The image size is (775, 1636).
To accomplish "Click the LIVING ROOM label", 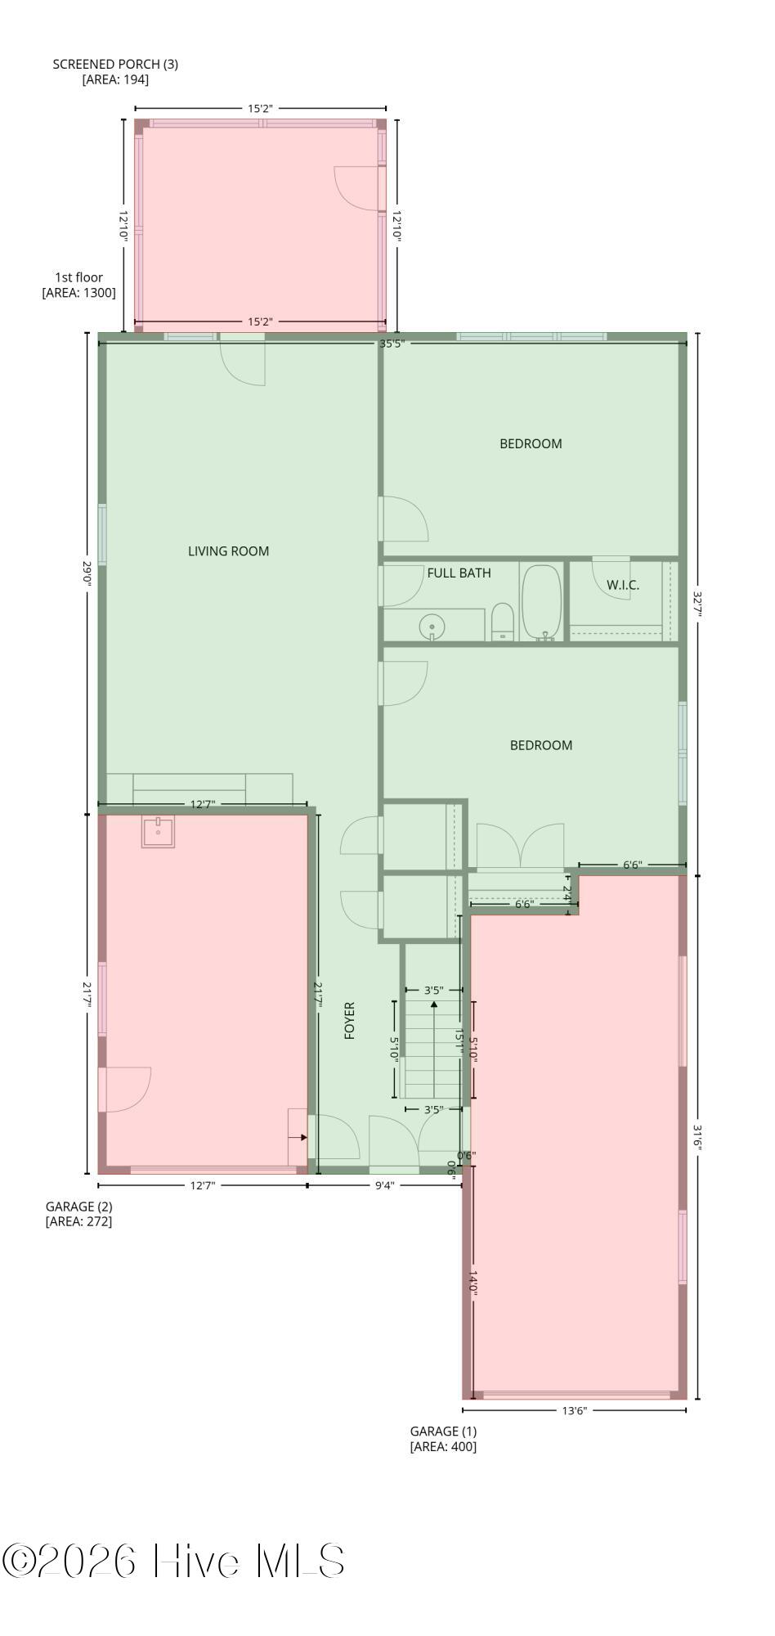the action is coord(228,551).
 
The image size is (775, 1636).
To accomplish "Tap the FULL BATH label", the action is coord(459,573).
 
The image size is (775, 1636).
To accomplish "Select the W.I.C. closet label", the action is coord(623,585).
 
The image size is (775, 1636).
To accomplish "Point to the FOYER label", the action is coord(350,1020).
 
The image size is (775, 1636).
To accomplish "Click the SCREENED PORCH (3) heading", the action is coord(115,64).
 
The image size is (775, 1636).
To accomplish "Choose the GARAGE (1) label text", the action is coord(443,1431).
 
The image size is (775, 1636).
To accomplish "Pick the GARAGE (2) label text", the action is coord(78,1206).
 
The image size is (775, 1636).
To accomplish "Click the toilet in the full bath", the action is coord(503,622).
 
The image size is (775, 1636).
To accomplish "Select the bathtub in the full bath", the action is coord(542,602).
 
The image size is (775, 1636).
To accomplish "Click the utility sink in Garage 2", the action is coord(158,831).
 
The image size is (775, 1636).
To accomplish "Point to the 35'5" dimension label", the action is coord(392,344).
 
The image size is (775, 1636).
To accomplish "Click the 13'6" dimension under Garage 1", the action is coord(574,1409).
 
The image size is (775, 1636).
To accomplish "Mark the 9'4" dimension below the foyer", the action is coord(384,1184).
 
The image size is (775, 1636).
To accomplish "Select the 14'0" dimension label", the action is coord(473,1282).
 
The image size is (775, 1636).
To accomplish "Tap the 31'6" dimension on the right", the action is coord(697,1137).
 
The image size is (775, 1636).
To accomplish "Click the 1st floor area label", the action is coord(78,285).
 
